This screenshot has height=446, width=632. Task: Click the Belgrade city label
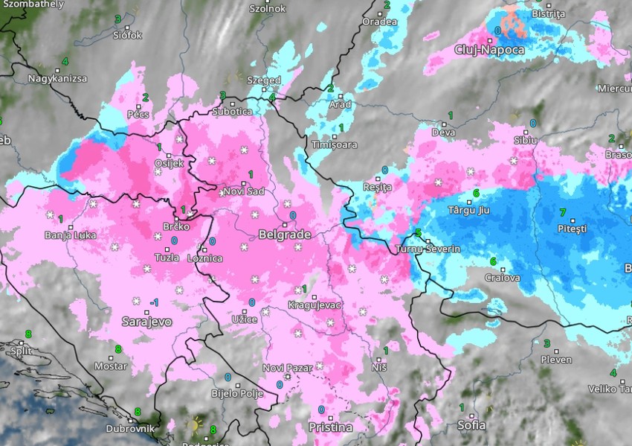pos(284,235)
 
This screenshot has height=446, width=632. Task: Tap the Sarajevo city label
pos(146,322)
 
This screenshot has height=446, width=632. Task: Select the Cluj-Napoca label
pos(489,50)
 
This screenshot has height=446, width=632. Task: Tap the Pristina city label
pos(331,427)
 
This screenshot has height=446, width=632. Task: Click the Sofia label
pos(472,425)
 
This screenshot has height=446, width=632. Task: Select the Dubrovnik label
pos(130,428)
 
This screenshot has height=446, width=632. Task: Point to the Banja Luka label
pos(71,236)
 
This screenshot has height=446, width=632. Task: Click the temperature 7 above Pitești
pos(562,211)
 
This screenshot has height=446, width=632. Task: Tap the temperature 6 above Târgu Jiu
pos(476,194)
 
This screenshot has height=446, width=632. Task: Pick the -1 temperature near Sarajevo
pos(153,302)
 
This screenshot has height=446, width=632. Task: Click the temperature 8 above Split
pos(28,334)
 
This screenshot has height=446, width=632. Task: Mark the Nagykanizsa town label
pos(57,78)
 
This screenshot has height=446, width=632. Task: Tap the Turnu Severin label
pos(429,248)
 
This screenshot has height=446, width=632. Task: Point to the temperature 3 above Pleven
pos(547,343)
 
